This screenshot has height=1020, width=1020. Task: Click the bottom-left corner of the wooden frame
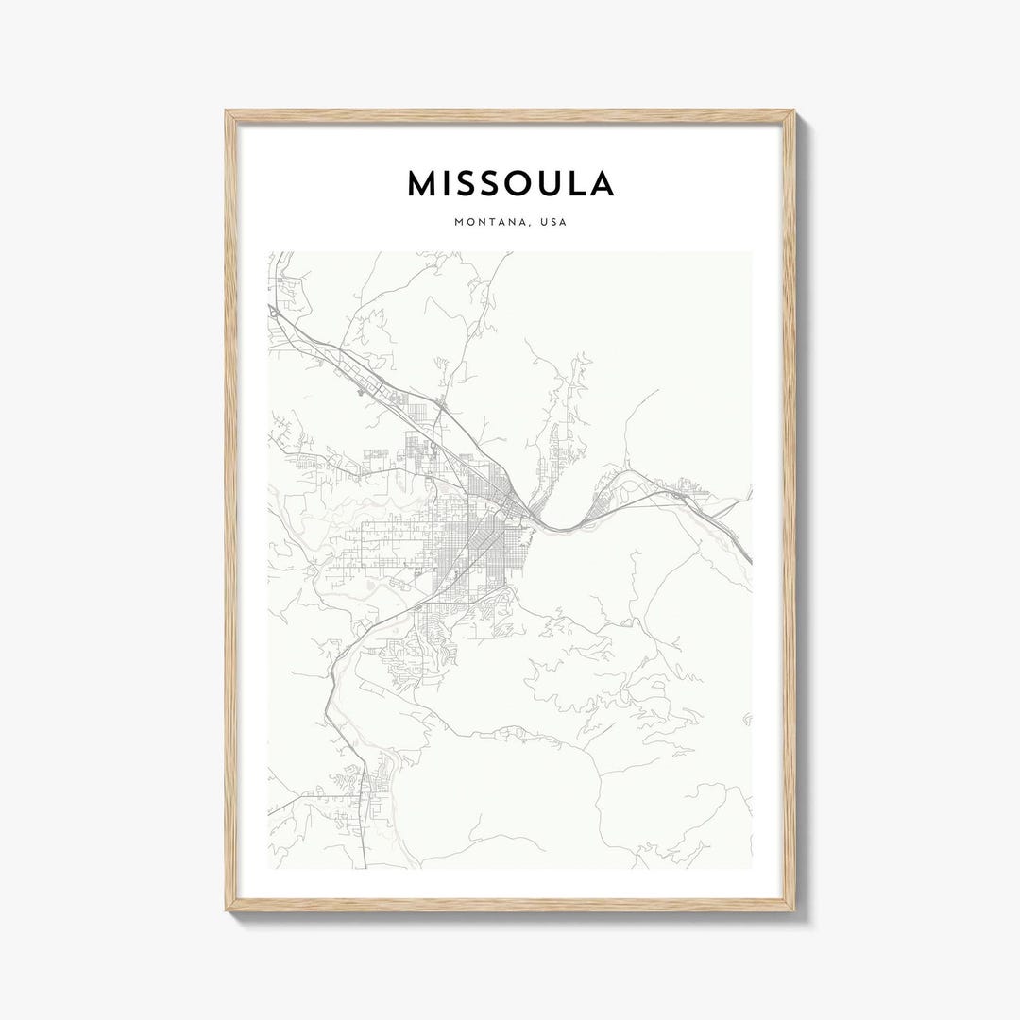[227, 911]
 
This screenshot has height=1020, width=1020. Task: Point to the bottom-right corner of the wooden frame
[794, 911]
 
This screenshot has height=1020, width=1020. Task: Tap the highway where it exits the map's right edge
[750, 561]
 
